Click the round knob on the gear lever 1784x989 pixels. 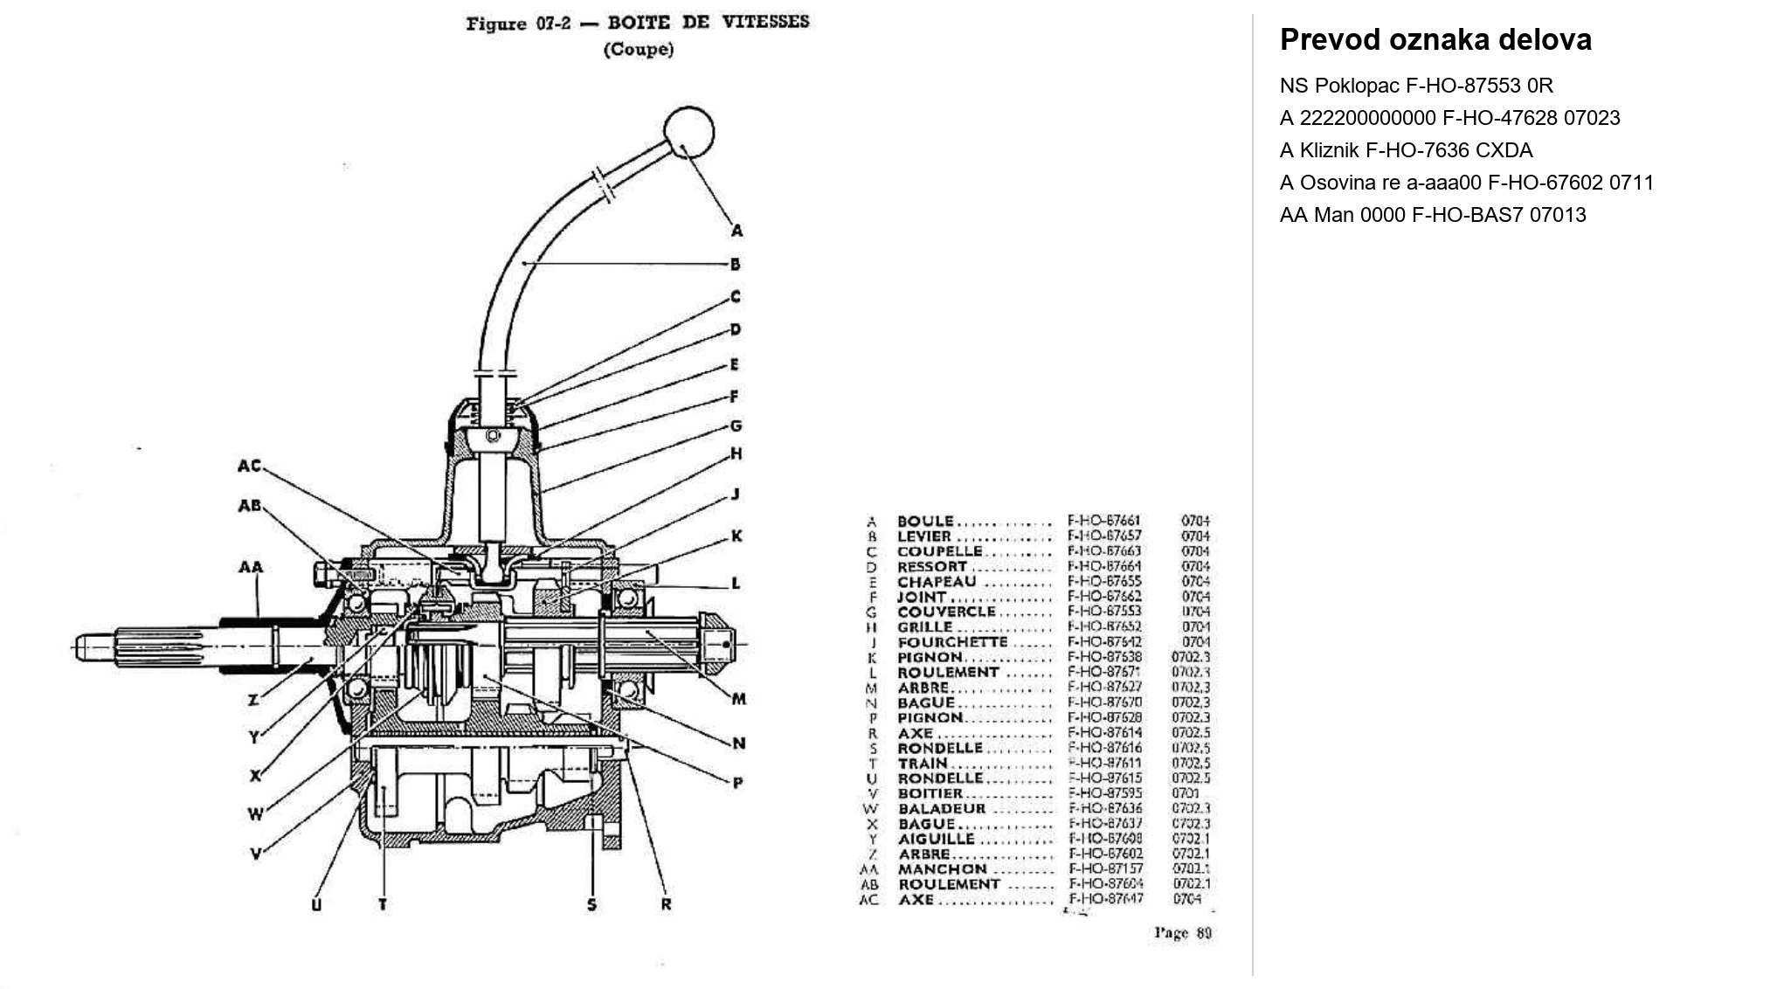[x=688, y=133]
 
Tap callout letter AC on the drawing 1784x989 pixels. [x=249, y=466]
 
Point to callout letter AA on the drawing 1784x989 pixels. [x=250, y=567]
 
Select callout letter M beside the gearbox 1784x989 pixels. [x=739, y=698]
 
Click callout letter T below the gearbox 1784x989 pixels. [x=383, y=904]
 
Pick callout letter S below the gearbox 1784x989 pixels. [x=591, y=904]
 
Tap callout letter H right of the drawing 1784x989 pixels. [x=736, y=453]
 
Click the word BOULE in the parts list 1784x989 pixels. [x=925, y=522]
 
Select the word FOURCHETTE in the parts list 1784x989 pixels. [x=952, y=642]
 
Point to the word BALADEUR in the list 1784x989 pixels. [x=942, y=808]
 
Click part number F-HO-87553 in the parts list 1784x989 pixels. [x=1104, y=612]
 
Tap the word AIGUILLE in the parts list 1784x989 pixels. [x=936, y=839]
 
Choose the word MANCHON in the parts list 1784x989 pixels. [x=942, y=869]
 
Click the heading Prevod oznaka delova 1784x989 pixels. [x=1435, y=40]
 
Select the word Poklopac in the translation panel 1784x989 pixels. [x=1357, y=86]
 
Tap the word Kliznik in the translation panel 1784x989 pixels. [x=1329, y=150]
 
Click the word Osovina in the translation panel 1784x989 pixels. [x=1335, y=183]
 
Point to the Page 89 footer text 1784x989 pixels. [x=1183, y=933]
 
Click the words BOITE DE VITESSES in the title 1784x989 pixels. [x=708, y=22]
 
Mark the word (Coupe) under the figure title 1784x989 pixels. [x=639, y=50]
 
